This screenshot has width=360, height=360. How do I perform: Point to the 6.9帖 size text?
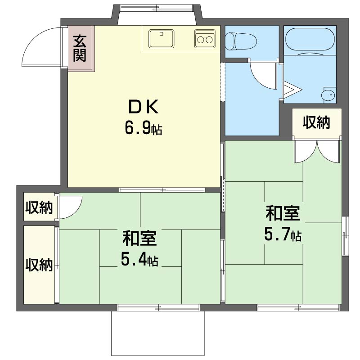click(x=143, y=129)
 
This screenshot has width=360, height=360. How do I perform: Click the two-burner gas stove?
click(x=205, y=39)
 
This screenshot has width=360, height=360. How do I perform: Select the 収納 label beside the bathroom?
click(x=316, y=122)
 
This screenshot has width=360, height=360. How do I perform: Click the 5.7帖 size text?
click(x=283, y=235)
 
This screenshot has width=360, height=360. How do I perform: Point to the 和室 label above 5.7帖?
click(x=283, y=214)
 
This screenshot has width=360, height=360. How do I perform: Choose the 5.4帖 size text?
click(x=139, y=260)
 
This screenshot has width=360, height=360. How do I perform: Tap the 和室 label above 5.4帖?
click(x=139, y=238)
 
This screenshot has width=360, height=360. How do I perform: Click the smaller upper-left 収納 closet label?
click(x=39, y=208)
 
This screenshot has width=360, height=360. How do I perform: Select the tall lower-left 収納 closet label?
click(x=39, y=265)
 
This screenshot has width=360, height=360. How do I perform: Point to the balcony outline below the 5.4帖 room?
click(x=157, y=333)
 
